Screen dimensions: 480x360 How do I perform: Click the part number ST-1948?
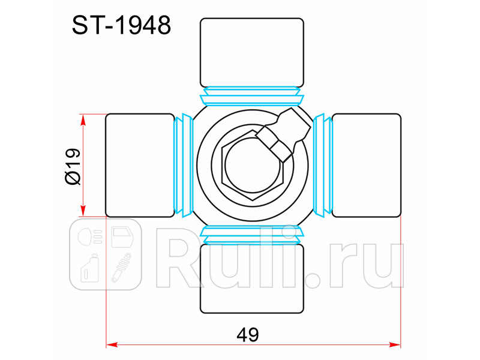pyautogui.click(x=121, y=25)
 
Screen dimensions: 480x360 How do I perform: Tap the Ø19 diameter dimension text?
pyautogui.click(x=73, y=167)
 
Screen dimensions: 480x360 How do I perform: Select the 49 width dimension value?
pyautogui.click(x=248, y=335)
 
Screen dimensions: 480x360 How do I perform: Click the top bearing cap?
pyautogui.click(x=252, y=53)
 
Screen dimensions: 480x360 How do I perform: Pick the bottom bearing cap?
pyautogui.click(x=252, y=278)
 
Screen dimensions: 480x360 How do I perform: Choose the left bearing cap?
pyautogui.click(x=140, y=166)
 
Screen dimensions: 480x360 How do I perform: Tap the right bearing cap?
pyautogui.click(x=367, y=166)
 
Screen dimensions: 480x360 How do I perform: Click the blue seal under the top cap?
pyautogui.click(x=252, y=96)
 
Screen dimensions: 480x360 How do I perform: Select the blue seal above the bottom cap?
pyautogui.click(x=252, y=235)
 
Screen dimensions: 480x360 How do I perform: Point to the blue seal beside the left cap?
pyautogui.click(x=184, y=166)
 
